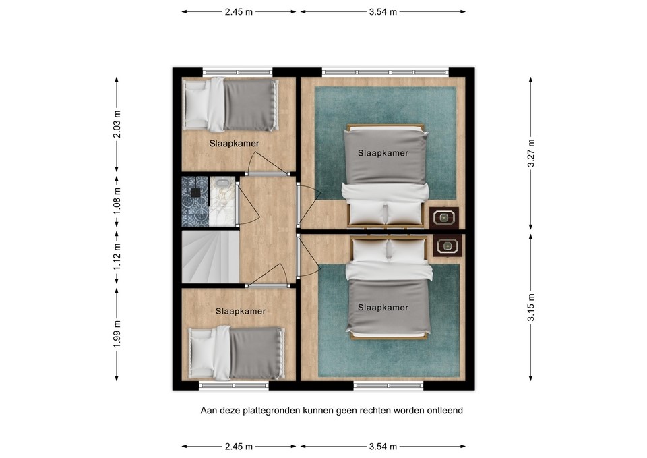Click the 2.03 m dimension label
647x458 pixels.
(x=117, y=124)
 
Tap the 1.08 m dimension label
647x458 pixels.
(x=117, y=200)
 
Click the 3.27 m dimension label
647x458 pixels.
(x=531, y=152)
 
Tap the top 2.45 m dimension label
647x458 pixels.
(x=239, y=11)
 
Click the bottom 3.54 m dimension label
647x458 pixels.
(x=382, y=447)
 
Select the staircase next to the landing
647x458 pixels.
(x=210, y=257)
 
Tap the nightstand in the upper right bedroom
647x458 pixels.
(x=445, y=217)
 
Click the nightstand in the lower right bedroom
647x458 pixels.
(x=446, y=246)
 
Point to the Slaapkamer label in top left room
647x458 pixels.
(x=234, y=144)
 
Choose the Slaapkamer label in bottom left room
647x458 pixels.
(x=241, y=311)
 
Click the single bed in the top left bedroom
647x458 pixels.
(x=231, y=105)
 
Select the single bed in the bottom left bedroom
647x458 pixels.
(x=237, y=353)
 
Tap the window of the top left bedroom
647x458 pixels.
(x=237, y=71)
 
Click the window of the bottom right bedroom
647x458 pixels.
(x=388, y=386)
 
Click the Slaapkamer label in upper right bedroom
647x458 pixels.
(x=383, y=153)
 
